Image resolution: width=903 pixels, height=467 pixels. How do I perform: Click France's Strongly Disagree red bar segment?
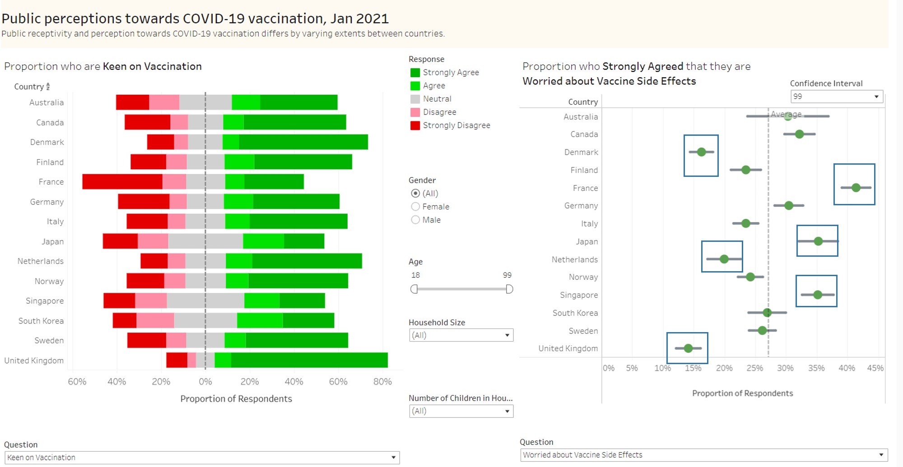point(122,181)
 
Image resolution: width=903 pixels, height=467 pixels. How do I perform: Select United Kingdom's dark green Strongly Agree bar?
point(309,360)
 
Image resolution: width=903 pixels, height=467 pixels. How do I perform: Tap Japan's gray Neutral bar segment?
point(205,241)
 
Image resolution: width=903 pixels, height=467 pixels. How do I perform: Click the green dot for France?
point(856,188)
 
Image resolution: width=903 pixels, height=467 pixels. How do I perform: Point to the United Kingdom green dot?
point(688,348)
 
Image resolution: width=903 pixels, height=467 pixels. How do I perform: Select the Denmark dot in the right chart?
point(701,152)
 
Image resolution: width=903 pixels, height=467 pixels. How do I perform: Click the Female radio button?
point(415,207)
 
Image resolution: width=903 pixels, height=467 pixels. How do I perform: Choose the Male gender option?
point(415,220)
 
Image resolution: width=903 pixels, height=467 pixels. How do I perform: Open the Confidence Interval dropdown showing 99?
point(837,97)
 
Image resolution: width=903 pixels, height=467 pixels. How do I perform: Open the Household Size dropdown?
point(461,335)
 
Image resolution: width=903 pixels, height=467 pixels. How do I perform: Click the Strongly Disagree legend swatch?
point(415,125)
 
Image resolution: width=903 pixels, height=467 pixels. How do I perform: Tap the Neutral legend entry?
point(437,99)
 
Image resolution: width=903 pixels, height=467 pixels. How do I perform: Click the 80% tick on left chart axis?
point(382,382)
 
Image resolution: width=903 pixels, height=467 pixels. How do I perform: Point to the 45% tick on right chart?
point(875,368)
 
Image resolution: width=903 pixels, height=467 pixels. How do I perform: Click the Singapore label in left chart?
point(45,301)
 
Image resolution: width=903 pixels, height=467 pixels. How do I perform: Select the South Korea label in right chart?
point(575,313)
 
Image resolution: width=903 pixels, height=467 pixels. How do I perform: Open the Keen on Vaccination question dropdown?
point(201,458)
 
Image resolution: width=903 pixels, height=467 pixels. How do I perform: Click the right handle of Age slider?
point(509,289)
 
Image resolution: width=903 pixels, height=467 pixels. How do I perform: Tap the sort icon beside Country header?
point(48,86)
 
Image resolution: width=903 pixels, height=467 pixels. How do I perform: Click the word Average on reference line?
point(786,114)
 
